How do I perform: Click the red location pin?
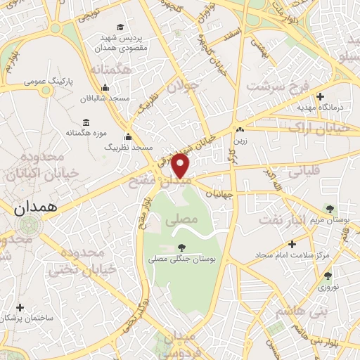(x=181, y=166)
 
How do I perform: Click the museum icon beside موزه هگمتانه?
(x=86, y=122)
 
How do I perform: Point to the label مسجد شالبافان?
(x=104, y=98)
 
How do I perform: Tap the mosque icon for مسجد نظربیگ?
(x=127, y=137)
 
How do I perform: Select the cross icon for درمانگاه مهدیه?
(x=320, y=96)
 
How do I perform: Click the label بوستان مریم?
(x=329, y=219)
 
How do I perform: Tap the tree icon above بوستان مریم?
(x=330, y=209)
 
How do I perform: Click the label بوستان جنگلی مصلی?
(x=183, y=259)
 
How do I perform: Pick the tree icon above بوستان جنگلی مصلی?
(x=183, y=247)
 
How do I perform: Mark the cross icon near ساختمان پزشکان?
(x=20, y=307)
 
